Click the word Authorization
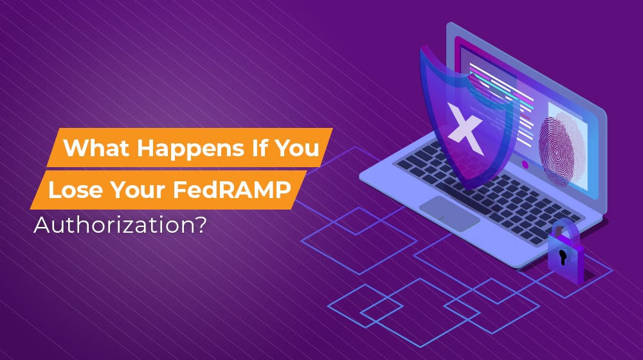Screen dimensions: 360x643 pos(113,226)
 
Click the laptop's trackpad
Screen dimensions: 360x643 pos(450,212)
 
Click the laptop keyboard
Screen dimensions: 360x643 pos(489,186)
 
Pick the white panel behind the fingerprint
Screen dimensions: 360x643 pos(575,154)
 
